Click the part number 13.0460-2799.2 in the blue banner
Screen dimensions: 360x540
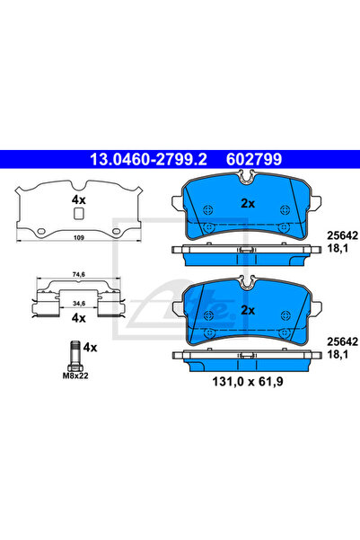(148, 159)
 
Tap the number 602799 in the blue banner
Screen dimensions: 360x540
(254, 159)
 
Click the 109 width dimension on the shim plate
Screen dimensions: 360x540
(79, 237)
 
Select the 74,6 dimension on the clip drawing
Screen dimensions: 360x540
(79, 274)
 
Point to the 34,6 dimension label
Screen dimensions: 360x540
(79, 303)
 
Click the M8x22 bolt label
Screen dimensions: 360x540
(75, 376)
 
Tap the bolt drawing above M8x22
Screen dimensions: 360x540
(75, 356)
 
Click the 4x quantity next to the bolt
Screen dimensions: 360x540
(90, 348)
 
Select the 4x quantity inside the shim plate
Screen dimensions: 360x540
(78, 199)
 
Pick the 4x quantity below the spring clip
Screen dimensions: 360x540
(78, 318)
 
